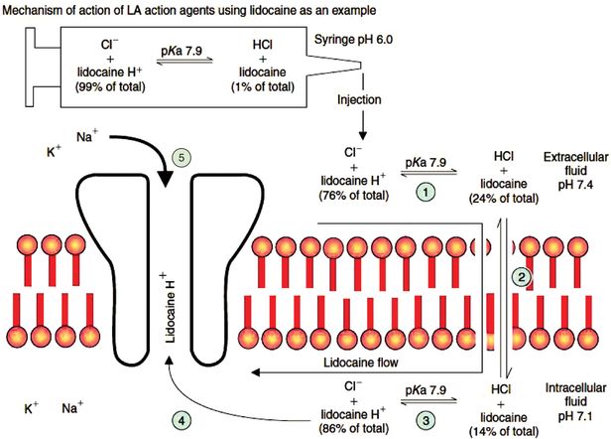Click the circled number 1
coord(425,189)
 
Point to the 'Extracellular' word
coord(569,157)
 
